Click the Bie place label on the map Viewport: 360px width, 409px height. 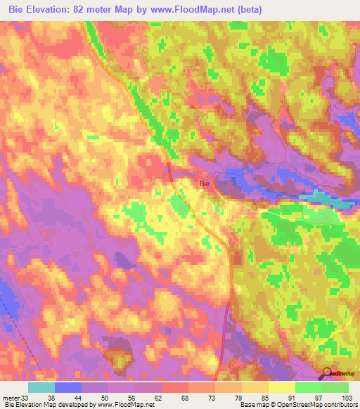coord(205,183)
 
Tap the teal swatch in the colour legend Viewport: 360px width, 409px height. coord(41,387)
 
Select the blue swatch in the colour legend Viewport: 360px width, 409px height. coord(68,387)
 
